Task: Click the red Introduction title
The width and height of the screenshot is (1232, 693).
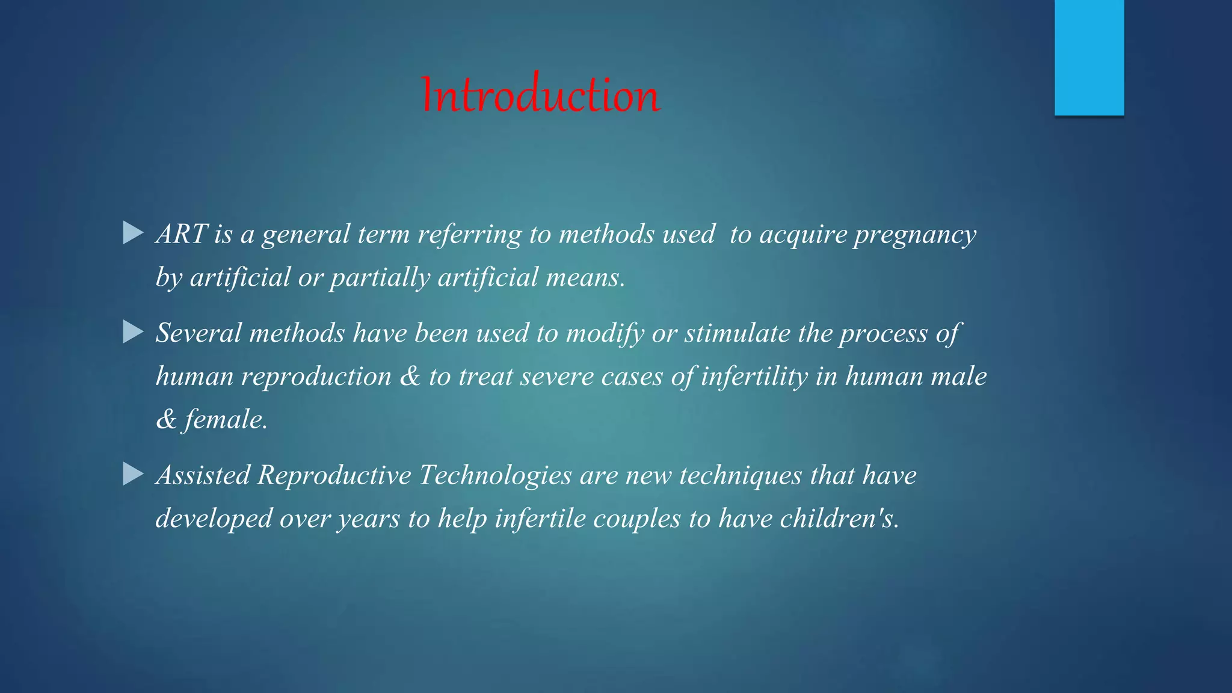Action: click(540, 95)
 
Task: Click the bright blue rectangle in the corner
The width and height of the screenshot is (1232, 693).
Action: click(1089, 57)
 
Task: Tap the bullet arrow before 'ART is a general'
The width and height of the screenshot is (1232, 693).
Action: click(133, 233)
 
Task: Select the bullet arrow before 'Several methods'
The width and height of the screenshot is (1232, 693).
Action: click(133, 332)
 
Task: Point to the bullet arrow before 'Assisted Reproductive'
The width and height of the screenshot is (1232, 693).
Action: click(133, 474)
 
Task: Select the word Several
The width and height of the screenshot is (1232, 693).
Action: click(199, 333)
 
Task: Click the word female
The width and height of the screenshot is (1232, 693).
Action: click(225, 420)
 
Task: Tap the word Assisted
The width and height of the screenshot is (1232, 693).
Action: click(203, 475)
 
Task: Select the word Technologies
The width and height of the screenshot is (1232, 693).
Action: click(495, 475)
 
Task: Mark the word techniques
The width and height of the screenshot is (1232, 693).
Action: click(741, 475)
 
